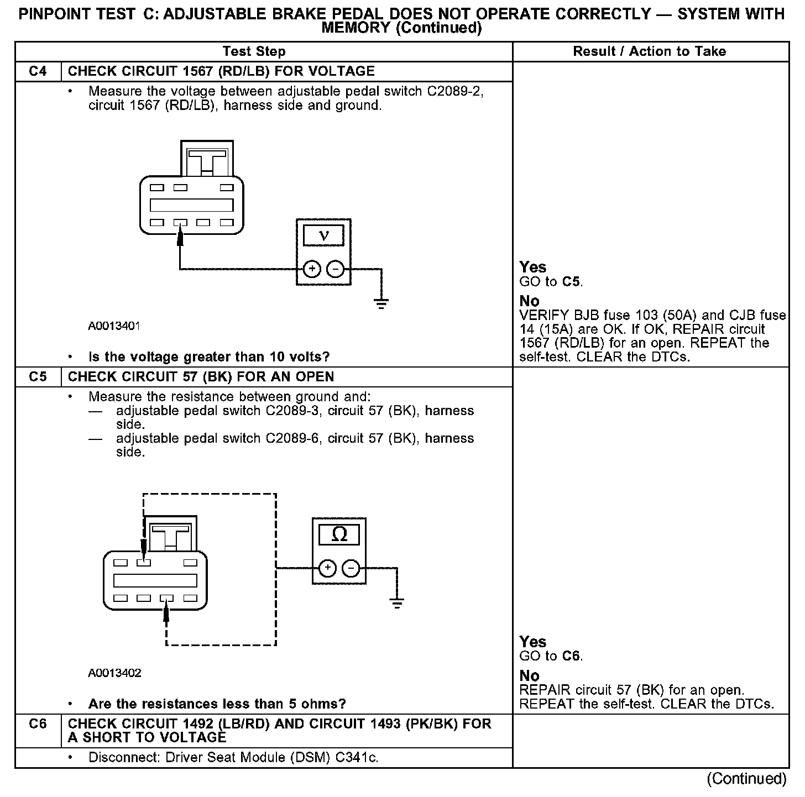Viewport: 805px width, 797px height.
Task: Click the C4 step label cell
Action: coord(38,71)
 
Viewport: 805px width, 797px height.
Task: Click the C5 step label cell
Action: coord(38,377)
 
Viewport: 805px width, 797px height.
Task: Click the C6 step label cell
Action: coord(38,724)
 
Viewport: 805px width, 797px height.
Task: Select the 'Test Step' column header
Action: coord(254,51)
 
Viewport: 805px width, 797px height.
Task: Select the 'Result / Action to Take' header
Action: coord(649,51)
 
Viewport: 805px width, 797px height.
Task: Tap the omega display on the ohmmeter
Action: coord(339,534)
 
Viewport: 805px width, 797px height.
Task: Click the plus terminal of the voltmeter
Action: coord(312,269)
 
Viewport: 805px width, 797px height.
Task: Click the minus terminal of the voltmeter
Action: coord(336,269)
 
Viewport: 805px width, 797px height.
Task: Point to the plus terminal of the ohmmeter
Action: coord(327,568)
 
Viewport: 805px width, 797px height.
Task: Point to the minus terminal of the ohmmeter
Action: coord(351,568)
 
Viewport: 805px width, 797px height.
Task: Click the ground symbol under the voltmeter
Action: coord(381,303)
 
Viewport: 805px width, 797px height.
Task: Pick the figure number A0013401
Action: coord(114,326)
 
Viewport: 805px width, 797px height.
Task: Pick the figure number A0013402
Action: coord(114,673)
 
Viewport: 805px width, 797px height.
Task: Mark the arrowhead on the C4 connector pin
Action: coord(180,236)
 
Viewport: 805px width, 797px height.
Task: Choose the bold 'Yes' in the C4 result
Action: coord(532,268)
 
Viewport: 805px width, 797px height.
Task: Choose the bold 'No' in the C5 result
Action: coord(529,676)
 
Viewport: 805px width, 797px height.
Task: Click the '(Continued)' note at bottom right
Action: coord(746,779)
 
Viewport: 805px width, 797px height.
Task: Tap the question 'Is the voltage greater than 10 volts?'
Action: coord(209,357)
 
